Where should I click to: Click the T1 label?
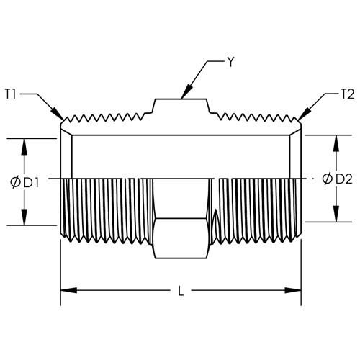10,94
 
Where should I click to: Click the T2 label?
348,94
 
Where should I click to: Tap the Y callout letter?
230,62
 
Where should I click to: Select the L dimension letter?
181,291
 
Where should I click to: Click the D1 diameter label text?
32,184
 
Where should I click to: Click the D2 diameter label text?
344,179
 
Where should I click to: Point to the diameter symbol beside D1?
15,183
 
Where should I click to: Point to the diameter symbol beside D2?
328,179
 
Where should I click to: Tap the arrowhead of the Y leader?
187,91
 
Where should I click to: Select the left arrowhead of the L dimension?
69,290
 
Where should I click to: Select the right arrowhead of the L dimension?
293,290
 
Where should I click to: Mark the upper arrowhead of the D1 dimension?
24,147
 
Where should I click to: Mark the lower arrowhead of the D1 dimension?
24,217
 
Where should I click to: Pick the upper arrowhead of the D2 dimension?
336,143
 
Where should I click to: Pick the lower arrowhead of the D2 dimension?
336,214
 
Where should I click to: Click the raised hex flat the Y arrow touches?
181,99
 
